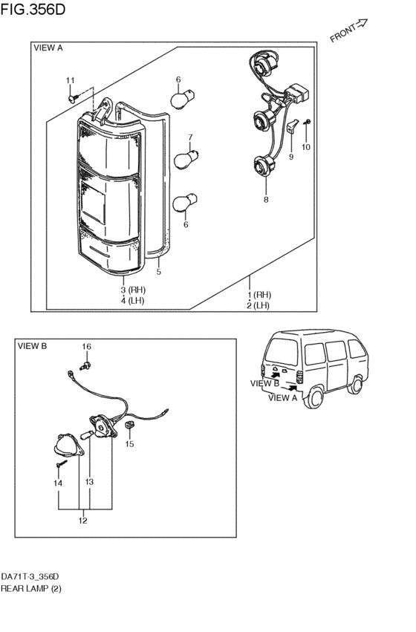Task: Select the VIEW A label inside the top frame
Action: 49,48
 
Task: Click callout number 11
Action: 71,80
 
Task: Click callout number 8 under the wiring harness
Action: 265,200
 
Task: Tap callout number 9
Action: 291,157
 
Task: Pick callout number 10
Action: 306,147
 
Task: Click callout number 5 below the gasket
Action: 158,272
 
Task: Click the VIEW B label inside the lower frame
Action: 32,346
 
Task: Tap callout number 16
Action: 86,347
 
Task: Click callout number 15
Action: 129,444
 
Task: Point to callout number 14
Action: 58,483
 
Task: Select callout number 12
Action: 83,521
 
